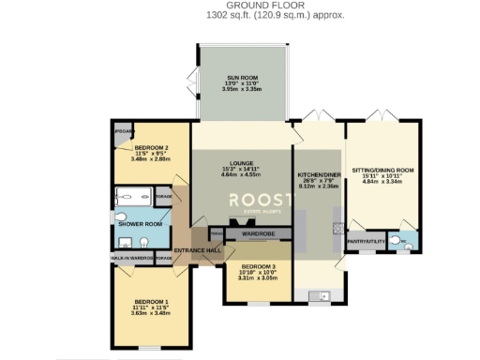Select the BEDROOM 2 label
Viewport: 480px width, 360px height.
point(151,148)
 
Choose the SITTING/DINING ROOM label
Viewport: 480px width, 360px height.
point(382,171)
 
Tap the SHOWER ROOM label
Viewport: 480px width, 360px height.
point(132,224)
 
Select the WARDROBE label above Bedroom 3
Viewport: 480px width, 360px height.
point(257,232)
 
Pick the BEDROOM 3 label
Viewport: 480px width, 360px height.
point(257,266)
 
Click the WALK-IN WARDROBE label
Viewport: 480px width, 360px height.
point(132,258)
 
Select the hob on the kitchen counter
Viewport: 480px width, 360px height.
point(335,228)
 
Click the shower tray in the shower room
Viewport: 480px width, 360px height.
point(133,196)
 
